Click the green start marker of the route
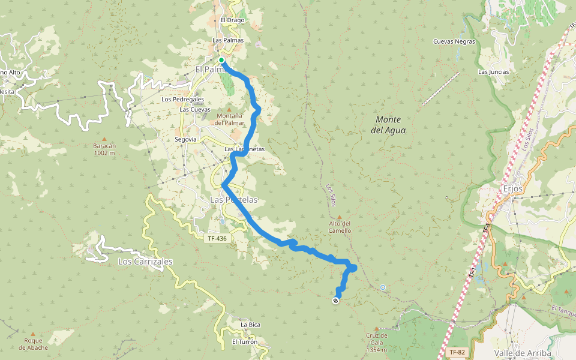click(x=221, y=60)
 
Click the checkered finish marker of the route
click(x=335, y=301)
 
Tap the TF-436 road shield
click(x=217, y=238)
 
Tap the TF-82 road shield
click(x=456, y=352)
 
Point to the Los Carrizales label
click(x=145, y=262)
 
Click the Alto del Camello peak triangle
click(x=340, y=218)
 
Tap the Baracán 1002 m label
click(x=104, y=149)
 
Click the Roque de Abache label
click(x=33, y=344)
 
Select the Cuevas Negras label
click(x=454, y=42)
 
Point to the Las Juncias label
click(x=493, y=72)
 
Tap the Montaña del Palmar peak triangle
click(x=229, y=109)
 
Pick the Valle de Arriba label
click(x=522, y=353)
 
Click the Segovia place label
click(x=185, y=139)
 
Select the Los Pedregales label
click(x=183, y=99)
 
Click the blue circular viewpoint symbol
click(x=382, y=287)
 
